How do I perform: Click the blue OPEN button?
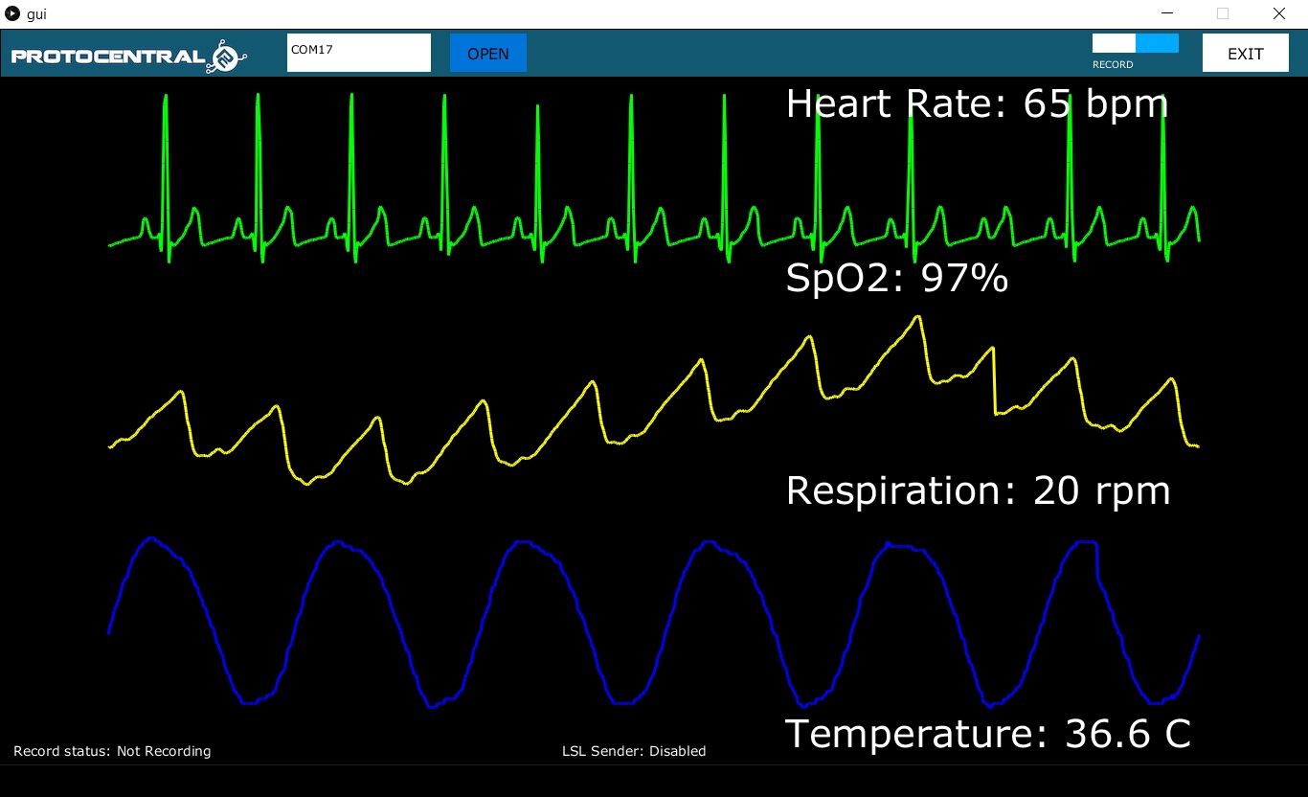pos(488,54)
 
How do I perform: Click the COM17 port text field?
pos(358,53)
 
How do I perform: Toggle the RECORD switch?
pos(1135,43)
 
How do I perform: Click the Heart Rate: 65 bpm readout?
pos(977,103)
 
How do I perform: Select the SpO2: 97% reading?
pos(896,278)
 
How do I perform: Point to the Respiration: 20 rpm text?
pos(978,490)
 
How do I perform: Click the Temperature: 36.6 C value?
pos(988,734)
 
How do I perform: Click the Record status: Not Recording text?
pos(112,751)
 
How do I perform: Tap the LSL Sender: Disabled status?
pos(634,751)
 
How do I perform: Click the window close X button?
pos(1278,13)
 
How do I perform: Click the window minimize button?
pos(1167,13)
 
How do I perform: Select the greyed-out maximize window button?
pos(1223,13)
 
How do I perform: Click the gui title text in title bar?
pos(36,14)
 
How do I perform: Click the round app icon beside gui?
pos(12,14)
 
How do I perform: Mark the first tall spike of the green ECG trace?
pos(166,96)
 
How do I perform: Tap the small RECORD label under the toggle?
pos(1113,65)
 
